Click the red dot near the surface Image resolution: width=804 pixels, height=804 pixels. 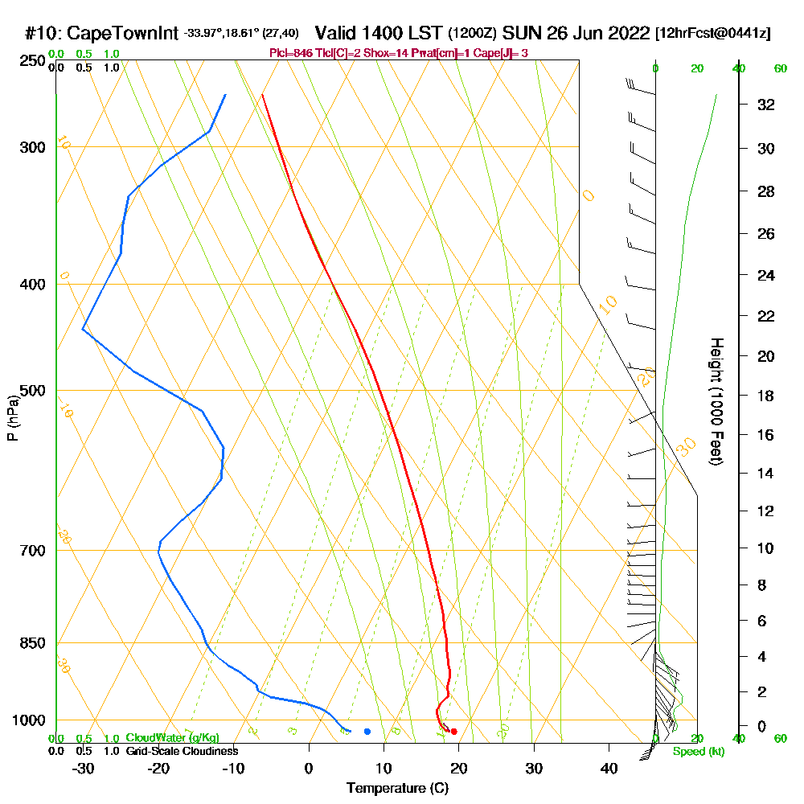(454, 731)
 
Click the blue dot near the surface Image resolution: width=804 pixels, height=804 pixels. (367, 731)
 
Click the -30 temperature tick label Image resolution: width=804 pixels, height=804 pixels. (84, 769)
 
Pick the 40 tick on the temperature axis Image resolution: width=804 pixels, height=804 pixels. (609, 769)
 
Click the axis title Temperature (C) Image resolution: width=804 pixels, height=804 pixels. (397, 789)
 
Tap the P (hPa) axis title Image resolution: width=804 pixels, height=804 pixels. (13, 418)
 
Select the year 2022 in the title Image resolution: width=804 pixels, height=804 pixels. (627, 34)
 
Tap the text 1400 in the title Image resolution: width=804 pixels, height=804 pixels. (384, 34)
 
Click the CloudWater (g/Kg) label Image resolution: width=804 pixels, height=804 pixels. (172, 737)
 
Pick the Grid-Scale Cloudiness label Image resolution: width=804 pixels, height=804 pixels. (182, 751)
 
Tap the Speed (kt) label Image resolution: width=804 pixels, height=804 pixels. (697, 752)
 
